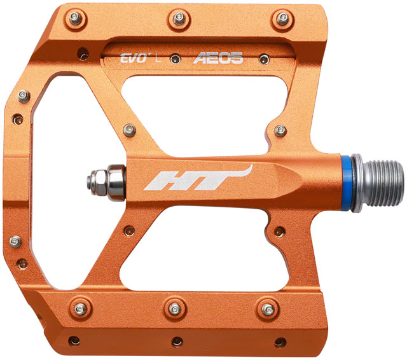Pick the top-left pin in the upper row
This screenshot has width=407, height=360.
tap(76, 18)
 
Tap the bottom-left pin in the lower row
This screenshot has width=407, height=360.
tap(79, 309)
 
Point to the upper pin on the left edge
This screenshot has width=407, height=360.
tap(24, 96)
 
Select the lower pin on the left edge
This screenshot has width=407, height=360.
tap(15, 240)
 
